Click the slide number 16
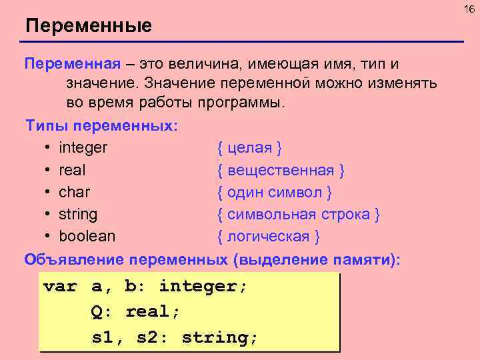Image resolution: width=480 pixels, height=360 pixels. tap(468, 8)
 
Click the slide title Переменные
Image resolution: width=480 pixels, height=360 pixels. tap(89, 26)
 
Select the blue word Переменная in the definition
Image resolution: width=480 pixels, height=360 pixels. tap(73, 64)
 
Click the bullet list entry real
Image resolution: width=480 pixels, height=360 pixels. tap(72, 170)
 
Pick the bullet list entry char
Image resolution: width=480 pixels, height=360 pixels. tap(75, 192)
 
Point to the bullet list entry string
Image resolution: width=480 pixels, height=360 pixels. tap(78, 215)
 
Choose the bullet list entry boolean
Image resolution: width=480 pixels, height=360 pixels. tap(87, 237)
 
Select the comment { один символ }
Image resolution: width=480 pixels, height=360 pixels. tap(275, 192)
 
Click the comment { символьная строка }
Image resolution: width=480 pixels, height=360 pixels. tap(299, 215)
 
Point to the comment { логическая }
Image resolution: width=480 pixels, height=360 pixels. tap(269, 237)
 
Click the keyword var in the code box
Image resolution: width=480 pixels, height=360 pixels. tap(59, 287)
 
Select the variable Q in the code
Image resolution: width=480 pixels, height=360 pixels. tap(97, 312)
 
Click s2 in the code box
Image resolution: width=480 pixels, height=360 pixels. tap(150, 337)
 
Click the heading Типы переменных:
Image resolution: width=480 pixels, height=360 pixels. tap(101, 125)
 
